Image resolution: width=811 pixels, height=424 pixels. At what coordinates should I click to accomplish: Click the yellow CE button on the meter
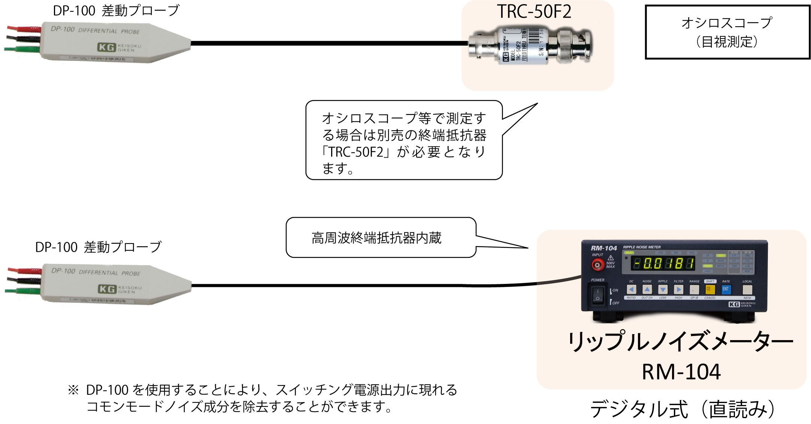point(710,290)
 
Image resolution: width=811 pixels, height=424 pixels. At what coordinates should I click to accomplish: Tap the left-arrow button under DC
point(632,290)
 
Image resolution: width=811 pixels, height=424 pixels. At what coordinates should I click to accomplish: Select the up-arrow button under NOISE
point(647,290)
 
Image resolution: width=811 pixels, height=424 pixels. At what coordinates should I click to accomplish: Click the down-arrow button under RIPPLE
point(663,290)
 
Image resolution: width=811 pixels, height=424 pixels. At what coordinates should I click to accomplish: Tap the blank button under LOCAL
point(747,290)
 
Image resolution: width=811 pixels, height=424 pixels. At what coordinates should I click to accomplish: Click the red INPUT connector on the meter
point(597,265)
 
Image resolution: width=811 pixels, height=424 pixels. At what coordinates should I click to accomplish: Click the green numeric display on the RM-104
point(663,264)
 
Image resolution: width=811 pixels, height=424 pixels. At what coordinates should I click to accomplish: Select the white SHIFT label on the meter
point(710,281)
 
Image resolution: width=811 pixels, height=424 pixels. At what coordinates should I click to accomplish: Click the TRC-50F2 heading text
point(534,12)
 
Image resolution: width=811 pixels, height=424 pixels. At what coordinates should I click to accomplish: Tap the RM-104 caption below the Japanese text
point(681,372)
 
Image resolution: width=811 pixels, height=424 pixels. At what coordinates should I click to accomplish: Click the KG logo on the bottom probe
point(107,289)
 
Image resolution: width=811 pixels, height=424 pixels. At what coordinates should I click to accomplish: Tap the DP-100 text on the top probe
point(63,29)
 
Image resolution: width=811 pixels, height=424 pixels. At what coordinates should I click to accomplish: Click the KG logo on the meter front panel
point(734,305)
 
